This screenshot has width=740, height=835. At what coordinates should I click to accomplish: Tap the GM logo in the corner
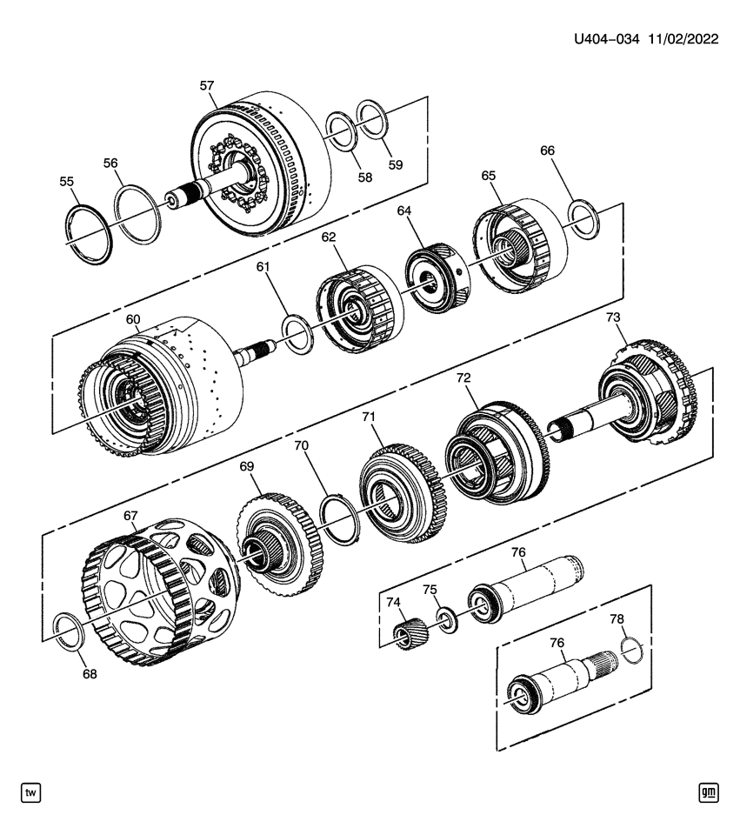click(x=708, y=792)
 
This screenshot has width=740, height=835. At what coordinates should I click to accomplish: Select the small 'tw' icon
click(x=31, y=792)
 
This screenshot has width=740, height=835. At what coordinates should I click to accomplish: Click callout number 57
click(x=206, y=86)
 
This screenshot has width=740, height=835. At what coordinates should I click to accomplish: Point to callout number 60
click(x=132, y=319)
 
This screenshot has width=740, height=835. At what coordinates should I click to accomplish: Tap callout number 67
click(x=130, y=516)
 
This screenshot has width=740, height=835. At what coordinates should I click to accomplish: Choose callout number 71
click(x=369, y=418)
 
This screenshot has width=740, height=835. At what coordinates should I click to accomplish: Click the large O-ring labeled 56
click(x=138, y=212)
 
